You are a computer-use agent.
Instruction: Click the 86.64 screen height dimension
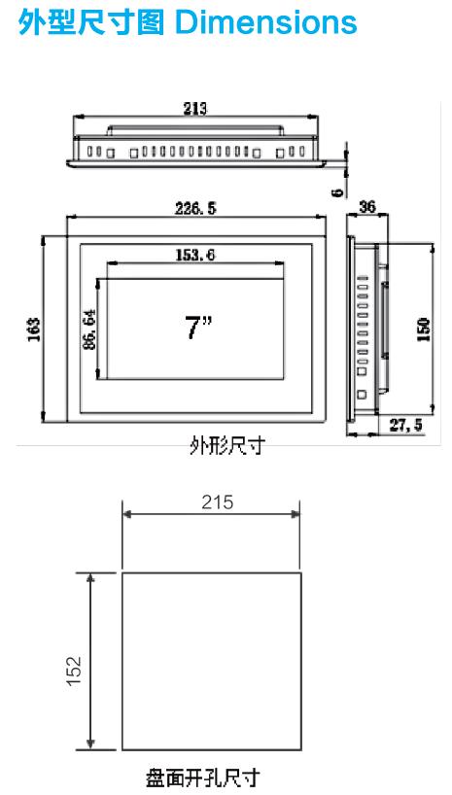click(89, 330)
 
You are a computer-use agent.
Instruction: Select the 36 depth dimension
click(368, 207)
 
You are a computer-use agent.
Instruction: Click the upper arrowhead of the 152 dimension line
click(92, 578)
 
